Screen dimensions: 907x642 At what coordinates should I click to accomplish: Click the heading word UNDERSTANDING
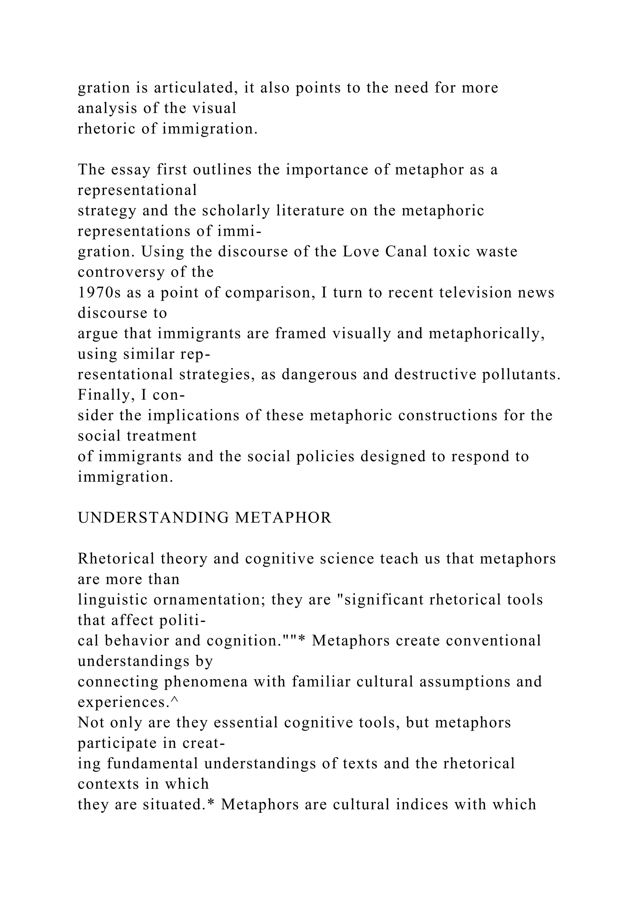tap(153, 517)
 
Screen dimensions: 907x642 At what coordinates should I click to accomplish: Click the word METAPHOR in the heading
tap(283, 517)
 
